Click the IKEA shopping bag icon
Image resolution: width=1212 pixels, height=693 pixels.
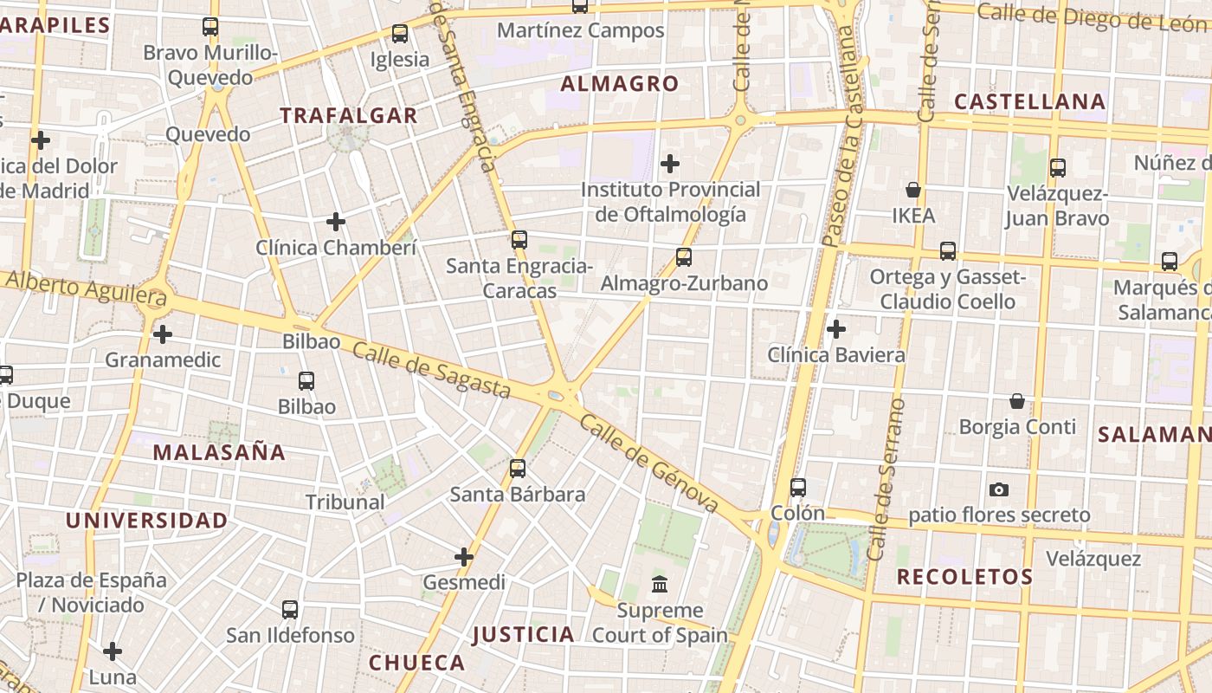pyautogui.click(x=912, y=190)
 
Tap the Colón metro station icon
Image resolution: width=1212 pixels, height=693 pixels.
pyautogui.click(x=798, y=488)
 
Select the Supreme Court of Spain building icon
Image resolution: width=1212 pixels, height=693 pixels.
pyautogui.click(x=660, y=585)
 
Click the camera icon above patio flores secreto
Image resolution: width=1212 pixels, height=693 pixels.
pyautogui.click(x=999, y=490)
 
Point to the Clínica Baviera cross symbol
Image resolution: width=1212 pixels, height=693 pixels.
pyautogui.click(x=836, y=329)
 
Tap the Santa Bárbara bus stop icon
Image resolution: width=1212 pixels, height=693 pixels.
pyautogui.click(x=518, y=469)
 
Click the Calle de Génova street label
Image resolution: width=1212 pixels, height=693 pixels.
pyautogui.click(x=649, y=463)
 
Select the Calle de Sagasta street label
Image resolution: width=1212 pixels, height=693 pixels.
pyautogui.click(x=431, y=371)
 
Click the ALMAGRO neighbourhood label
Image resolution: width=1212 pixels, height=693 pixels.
pyautogui.click(x=619, y=84)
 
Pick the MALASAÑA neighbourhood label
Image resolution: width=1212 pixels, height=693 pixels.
pyautogui.click(x=219, y=452)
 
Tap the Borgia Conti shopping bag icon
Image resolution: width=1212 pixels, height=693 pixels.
pyautogui.click(x=1017, y=401)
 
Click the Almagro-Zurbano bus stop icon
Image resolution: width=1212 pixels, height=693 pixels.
pyautogui.click(x=684, y=257)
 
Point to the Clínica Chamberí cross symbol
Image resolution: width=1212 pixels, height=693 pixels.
pyautogui.click(x=336, y=222)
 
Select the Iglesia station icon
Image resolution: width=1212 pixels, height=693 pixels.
pyautogui.click(x=400, y=34)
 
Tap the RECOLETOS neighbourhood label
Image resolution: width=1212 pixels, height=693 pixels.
pyautogui.click(x=964, y=577)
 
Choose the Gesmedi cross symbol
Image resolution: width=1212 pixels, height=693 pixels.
pyautogui.click(x=464, y=557)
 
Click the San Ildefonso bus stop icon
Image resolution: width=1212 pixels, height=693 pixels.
pyautogui.click(x=290, y=610)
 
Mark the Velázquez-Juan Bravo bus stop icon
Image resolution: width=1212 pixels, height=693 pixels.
pyautogui.click(x=1057, y=168)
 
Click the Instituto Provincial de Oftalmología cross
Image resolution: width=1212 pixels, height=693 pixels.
pyautogui.click(x=670, y=163)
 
